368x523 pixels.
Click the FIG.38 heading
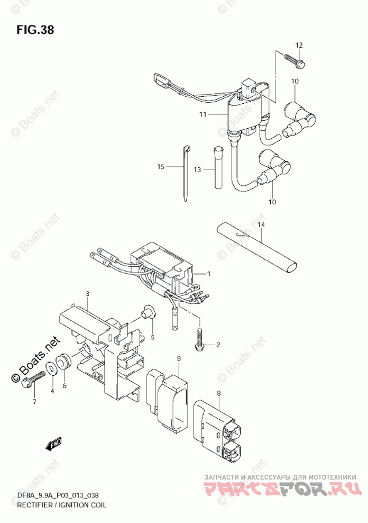[x=34, y=30]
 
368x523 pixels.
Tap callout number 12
[x=299, y=45]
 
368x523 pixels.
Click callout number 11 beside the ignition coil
[x=203, y=114]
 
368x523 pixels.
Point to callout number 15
[x=161, y=167]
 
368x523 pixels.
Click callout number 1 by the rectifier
[x=209, y=274]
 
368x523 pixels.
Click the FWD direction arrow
[x=52, y=447]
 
